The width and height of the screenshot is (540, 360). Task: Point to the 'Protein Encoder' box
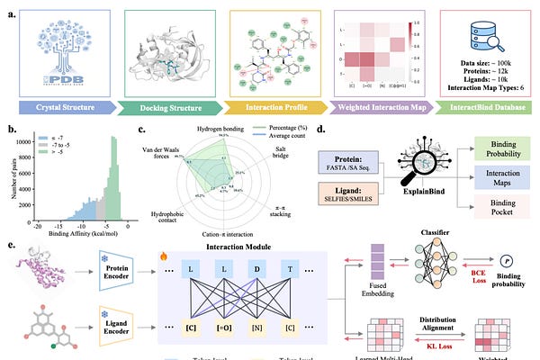click(x=112, y=267)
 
